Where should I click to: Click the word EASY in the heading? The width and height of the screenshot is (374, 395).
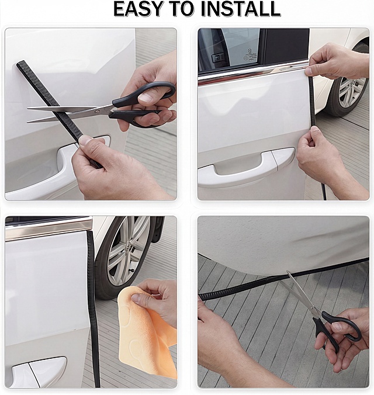[x=137, y=9]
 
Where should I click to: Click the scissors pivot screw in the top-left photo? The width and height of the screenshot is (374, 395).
[x=98, y=111]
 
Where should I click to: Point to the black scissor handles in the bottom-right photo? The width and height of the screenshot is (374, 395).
[x=337, y=329]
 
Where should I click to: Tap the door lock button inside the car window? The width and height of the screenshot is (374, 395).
[x=217, y=58]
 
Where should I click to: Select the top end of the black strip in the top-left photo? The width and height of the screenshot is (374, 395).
[x=20, y=63]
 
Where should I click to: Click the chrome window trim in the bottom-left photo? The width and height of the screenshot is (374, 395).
[x=49, y=228]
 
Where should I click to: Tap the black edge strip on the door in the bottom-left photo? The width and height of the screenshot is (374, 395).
[x=93, y=309]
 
